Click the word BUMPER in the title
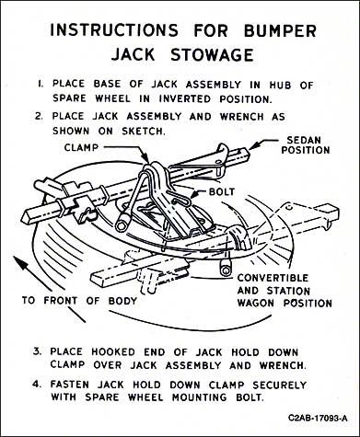pos(280,31)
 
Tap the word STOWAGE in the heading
pos(212,55)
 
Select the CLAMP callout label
pos(81,147)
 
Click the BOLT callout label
pos(222,191)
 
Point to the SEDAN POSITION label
pos(306,145)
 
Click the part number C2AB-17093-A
pos(318,418)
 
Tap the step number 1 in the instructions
pos(41,84)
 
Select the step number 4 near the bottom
pos(37,384)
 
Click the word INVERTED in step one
pos(185,98)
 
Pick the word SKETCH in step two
pos(144,132)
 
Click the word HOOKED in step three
pos(113,351)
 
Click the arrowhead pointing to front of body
pos(20,262)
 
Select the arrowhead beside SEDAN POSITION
pos(254,145)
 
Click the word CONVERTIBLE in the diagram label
pos(273,278)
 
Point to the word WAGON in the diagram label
pos(256,303)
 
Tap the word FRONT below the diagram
pos(61,301)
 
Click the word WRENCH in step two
pos(242,117)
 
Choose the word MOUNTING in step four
pos(200,397)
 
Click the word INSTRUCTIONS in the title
pos(114,30)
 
